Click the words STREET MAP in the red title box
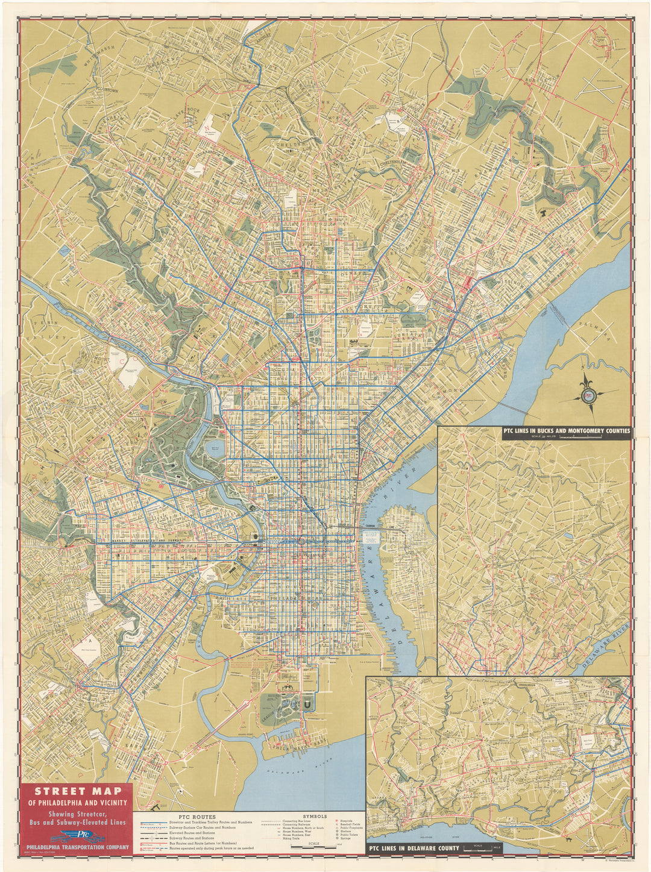77,791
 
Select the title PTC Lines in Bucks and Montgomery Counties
565,431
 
